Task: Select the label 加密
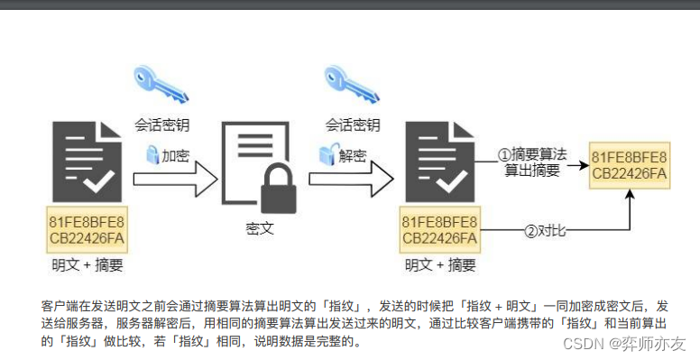[175, 155]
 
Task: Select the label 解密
[353, 155]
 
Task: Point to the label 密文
[260, 228]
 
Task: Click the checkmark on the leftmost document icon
[99, 182]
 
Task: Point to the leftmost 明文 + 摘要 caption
[87, 265]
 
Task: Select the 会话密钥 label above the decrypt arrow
[352, 125]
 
